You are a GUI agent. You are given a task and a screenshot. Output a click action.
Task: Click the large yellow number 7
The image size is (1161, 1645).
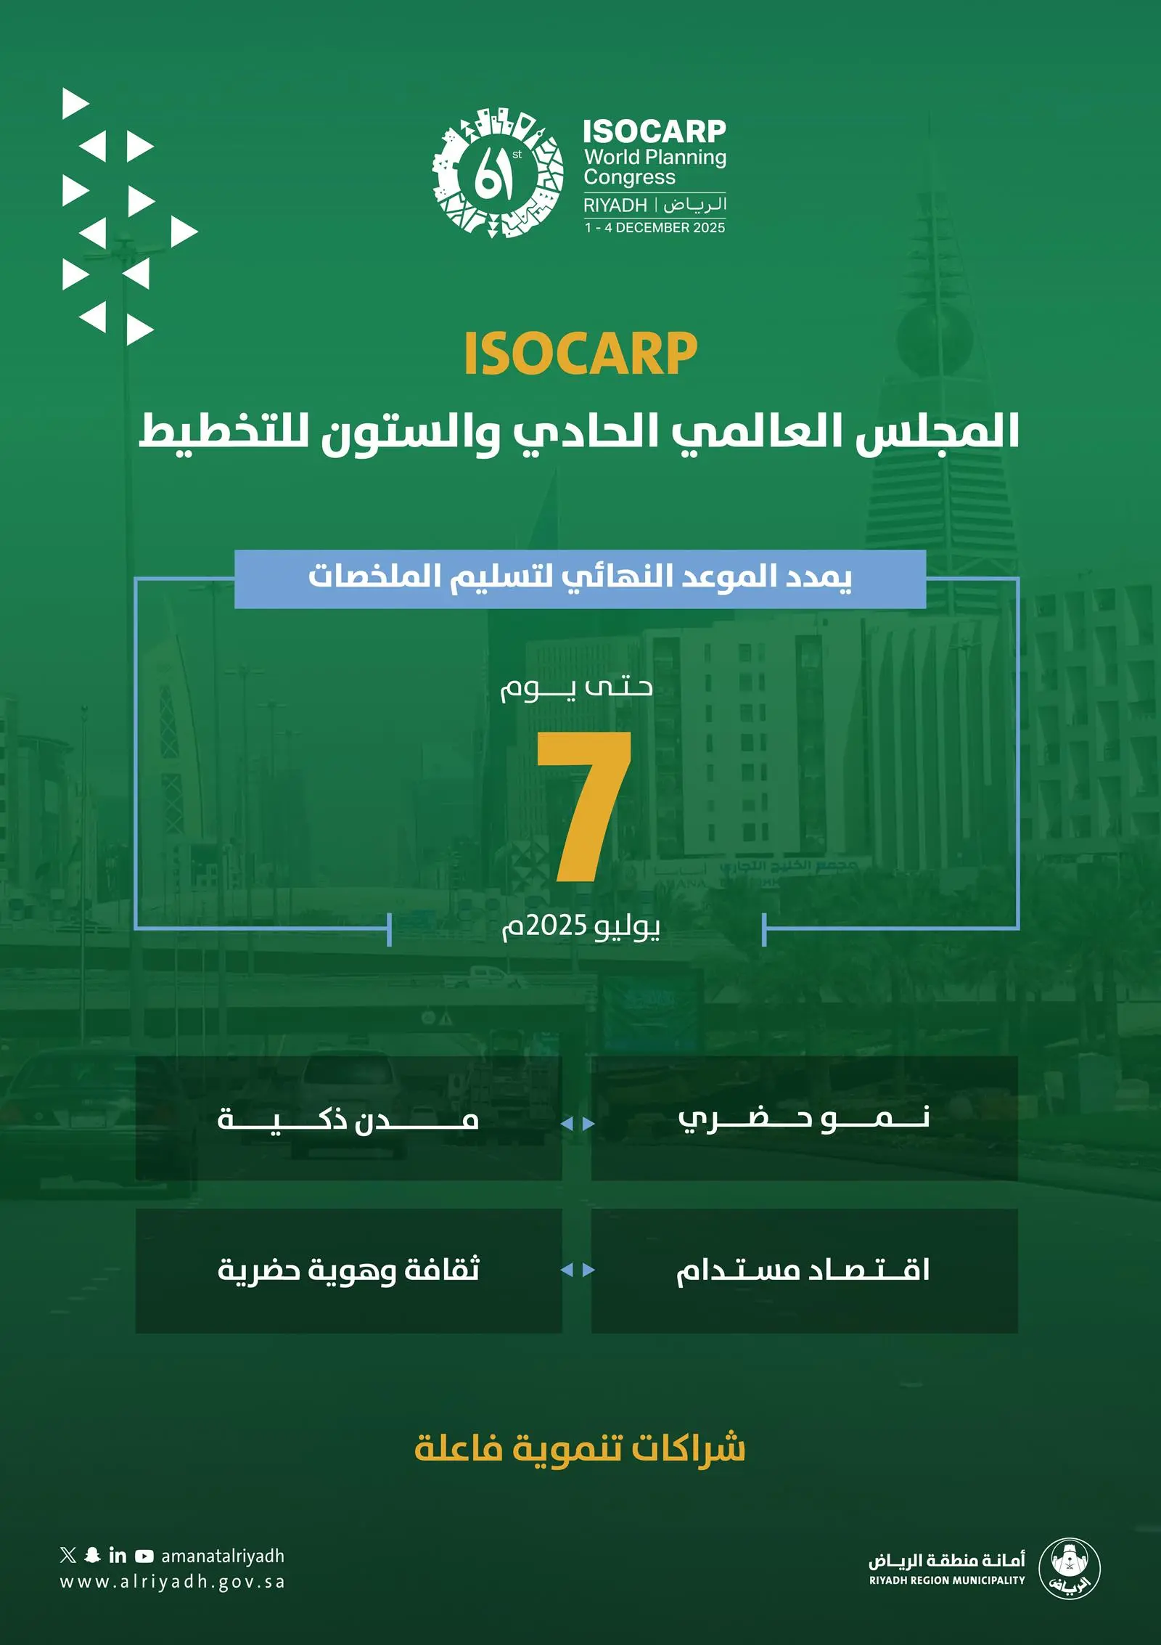tap(584, 807)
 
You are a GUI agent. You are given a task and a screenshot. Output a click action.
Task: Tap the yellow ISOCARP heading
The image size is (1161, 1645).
tap(580, 354)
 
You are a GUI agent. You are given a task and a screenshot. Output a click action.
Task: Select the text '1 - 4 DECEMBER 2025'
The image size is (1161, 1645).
tap(655, 227)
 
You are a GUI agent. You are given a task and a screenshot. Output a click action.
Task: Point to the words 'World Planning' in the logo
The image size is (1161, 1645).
tap(655, 157)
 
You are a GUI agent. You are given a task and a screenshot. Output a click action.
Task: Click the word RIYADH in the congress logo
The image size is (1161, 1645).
tap(615, 205)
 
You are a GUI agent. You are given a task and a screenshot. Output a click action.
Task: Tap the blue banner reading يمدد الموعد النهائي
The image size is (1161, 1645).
tap(580, 579)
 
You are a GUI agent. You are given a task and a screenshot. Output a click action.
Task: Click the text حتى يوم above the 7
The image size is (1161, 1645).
tap(577, 687)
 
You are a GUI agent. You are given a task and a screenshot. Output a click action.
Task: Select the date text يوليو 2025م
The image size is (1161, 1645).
tap(580, 926)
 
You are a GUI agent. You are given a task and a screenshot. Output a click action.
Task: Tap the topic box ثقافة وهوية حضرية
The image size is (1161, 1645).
tap(348, 1270)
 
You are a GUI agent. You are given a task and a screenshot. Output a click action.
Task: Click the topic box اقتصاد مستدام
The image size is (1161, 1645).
tap(804, 1270)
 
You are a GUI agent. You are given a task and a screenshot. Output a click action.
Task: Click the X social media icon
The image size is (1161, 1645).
tap(68, 1555)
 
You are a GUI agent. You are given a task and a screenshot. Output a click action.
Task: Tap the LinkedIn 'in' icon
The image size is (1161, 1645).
tap(118, 1555)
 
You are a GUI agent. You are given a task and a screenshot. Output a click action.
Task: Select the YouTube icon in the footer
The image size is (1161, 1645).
tap(144, 1556)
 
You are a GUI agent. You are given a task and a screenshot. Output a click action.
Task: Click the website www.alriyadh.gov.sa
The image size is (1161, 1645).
tap(173, 1583)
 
